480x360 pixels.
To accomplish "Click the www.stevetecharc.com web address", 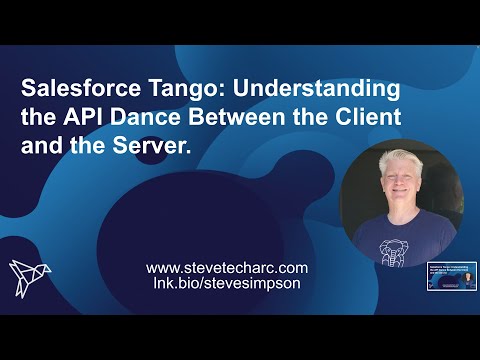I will click(x=227, y=268).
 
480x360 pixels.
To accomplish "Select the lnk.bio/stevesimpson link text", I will click(x=227, y=285).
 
